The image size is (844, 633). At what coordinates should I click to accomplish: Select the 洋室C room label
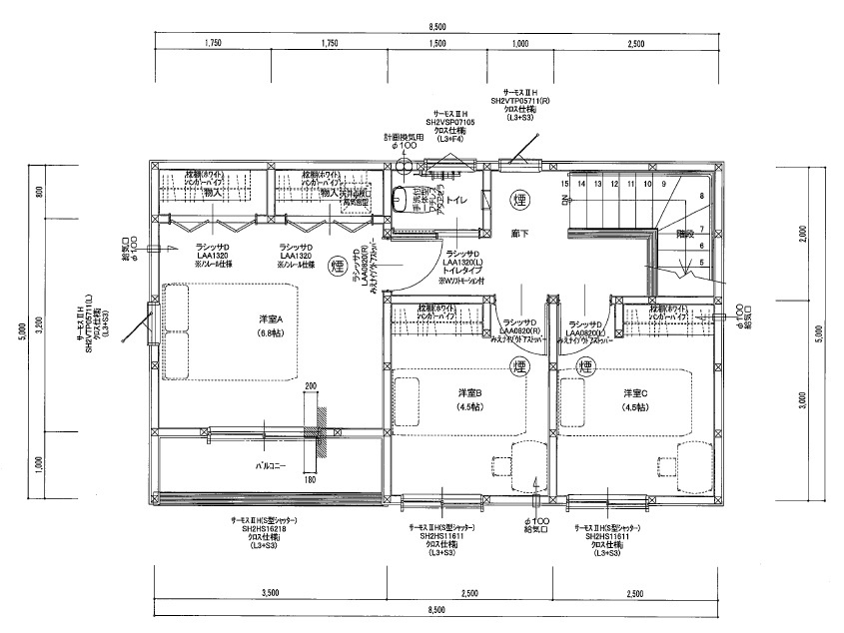(636, 392)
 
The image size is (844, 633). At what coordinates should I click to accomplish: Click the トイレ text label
(458, 201)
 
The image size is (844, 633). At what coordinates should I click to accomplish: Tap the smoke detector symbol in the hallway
(519, 199)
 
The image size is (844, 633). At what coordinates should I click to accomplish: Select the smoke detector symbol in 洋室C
(586, 367)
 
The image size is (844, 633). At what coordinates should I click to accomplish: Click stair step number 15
(564, 184)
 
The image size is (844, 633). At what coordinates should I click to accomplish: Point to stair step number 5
(701, 263)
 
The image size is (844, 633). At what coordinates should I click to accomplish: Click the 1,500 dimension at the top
(436, 44)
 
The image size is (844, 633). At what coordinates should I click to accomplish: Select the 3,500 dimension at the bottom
(270, 593)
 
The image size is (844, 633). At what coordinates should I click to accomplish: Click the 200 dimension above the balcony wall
(311, 385)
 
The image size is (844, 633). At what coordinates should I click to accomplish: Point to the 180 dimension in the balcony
(309, 481)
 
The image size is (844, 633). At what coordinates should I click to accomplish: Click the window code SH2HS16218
(264, 529)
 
